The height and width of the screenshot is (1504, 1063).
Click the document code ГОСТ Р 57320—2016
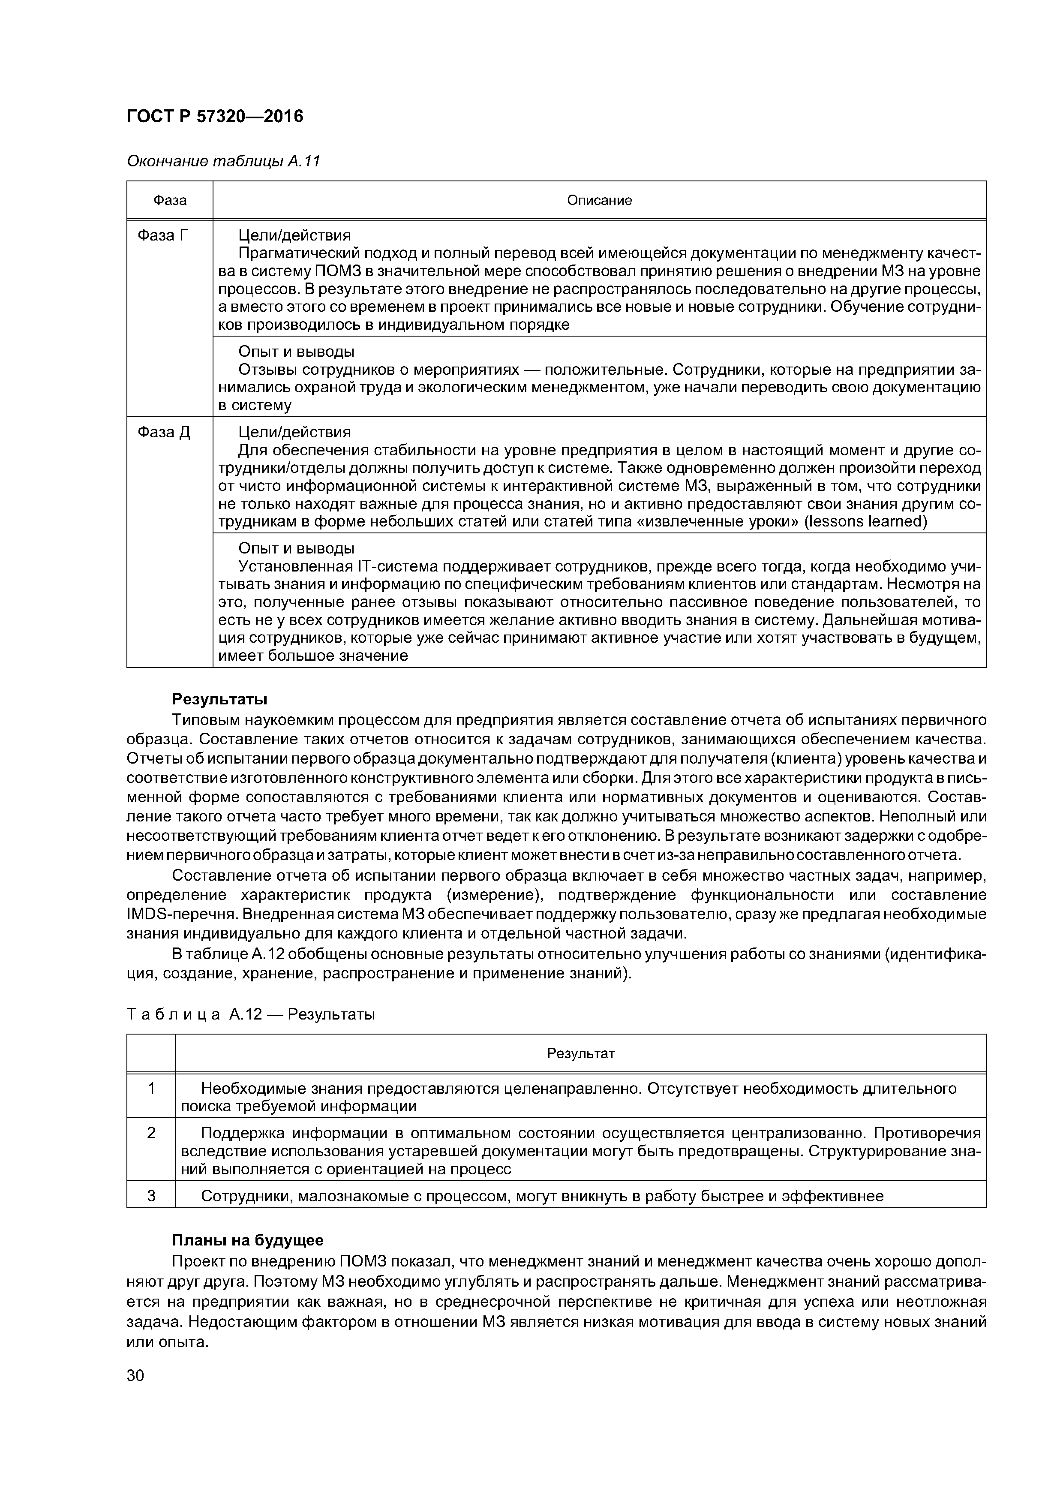tap(215, 117)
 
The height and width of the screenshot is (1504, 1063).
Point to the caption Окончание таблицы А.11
tap(223, 161)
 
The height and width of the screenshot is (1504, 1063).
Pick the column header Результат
tap(581, 1053)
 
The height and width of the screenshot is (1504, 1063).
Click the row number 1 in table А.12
tap(151, 1088)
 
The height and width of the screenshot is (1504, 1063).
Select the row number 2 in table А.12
tap(151, 1133)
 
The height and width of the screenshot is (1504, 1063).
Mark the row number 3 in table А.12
tap(151, 1196)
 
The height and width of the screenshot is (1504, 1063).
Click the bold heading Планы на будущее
tap(248, 1240)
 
